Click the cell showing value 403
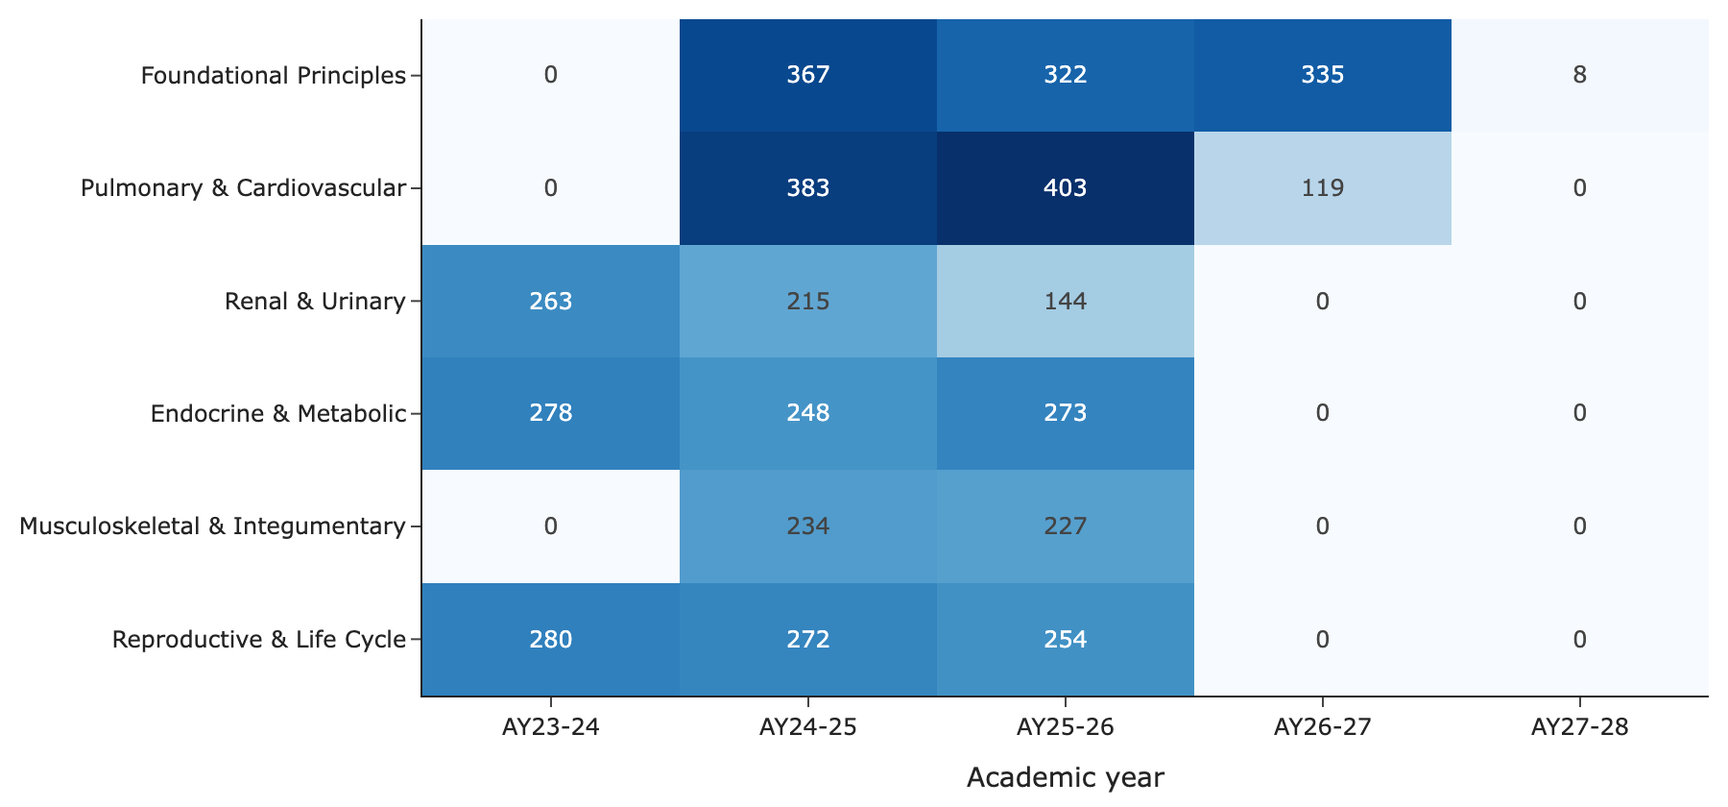tap(1066, 188)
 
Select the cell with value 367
tap(808, 75)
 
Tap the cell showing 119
tap(1323, 188)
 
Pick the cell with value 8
tap(1580, 75)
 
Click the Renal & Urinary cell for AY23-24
tap(551, 301)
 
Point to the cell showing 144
tap(1066, 301)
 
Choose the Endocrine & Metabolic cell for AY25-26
tap(1066, 414)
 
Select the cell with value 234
tap(808, 526)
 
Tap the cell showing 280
tap(551, 639)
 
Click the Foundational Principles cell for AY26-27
tap(1323, 75)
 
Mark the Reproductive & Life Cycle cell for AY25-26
tap(1066, 639)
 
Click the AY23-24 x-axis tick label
tap(551, 727)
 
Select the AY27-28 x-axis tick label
tap(1580, 727)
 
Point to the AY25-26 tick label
tap(1066, 727)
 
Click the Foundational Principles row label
tap(274, 75)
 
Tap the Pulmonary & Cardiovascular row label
tap(244, 188)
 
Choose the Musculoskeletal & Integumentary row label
tap(213, 526)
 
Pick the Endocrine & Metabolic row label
tap(278, 414)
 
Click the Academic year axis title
tap(1066, 777)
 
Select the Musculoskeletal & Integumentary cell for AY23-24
tap(551, 526)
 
